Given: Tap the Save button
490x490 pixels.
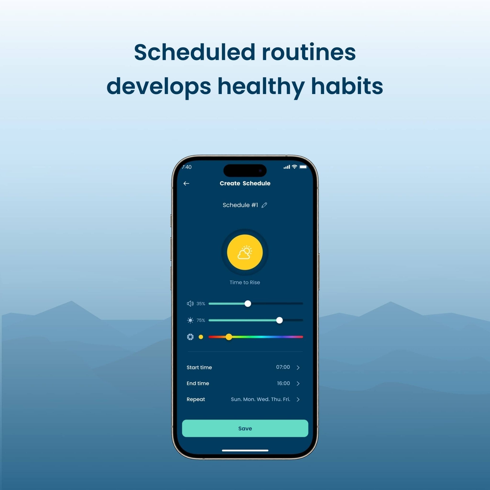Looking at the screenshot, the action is (245, 428).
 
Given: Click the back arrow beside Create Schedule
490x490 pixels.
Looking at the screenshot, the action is (186, 183).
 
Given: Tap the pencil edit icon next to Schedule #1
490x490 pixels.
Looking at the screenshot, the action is (264, 205).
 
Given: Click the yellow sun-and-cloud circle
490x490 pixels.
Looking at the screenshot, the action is (245, 252).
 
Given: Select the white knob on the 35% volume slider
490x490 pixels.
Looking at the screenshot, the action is (248, 304).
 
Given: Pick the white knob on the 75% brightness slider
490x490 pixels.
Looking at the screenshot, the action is (279, 320).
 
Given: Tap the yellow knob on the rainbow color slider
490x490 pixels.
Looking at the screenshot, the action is (229, 337).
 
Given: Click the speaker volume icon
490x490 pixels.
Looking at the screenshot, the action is (190, 304).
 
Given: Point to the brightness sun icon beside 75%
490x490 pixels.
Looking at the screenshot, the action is (190, 320).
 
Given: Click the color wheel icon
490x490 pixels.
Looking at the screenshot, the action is (190, 337).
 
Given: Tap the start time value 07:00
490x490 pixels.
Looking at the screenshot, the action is (283, 367).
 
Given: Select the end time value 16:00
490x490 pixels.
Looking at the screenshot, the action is (283, 383).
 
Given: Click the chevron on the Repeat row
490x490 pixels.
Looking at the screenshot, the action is (298, 400).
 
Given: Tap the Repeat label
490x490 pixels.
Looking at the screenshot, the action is (195, 400).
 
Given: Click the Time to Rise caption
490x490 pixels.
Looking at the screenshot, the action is (245, 282).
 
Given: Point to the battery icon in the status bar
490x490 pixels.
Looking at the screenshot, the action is (303, 167).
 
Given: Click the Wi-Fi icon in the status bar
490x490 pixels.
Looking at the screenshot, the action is (294, 167).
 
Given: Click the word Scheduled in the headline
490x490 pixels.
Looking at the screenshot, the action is (195, 52).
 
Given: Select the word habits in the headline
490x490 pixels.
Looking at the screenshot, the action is (347, 86).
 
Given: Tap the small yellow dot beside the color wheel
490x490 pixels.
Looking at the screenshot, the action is (201, 337).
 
